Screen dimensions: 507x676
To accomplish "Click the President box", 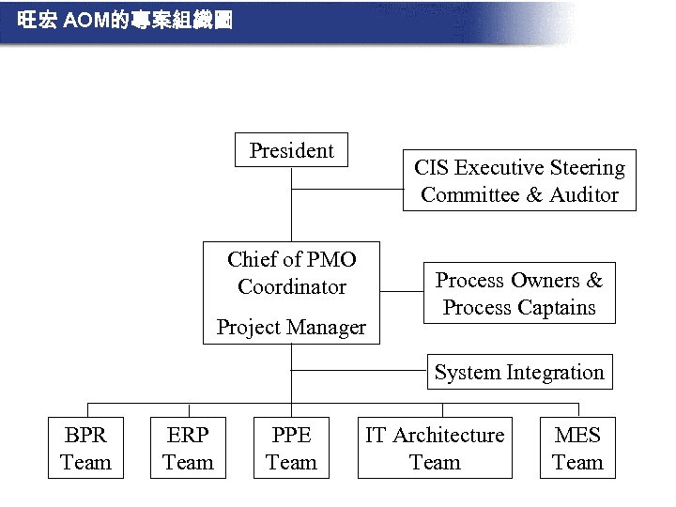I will pos(291,150).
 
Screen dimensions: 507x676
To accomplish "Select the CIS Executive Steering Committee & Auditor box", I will pos(519,180).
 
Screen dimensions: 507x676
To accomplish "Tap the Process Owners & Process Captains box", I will pos(519,293).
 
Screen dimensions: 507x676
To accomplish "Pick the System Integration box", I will pos(519,372).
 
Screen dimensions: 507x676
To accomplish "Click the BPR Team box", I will pos(85,448).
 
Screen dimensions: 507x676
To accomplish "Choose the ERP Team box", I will pos(189,448).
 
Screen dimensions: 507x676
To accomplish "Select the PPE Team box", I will pos(291,448).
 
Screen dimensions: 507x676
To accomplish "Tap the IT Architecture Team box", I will pos(435,448).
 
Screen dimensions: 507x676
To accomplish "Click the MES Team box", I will pos(577,448).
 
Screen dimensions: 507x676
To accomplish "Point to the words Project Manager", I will pos(291,328).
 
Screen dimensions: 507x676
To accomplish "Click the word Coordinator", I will pos(291,286).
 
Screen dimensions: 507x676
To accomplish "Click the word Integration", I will pos(555,372).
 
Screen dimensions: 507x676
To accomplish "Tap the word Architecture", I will pos(448,435).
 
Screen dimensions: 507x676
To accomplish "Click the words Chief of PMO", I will pos(291,259).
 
